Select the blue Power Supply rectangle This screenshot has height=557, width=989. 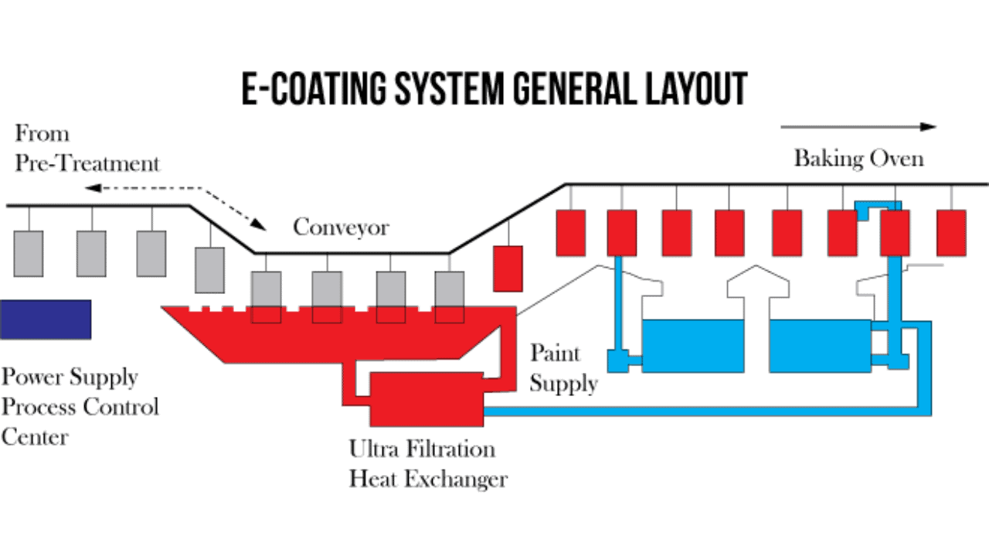tap(46, 319)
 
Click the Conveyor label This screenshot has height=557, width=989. tap(341, 227)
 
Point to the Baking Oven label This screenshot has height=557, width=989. tap(858, 159)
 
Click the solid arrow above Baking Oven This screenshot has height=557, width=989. tap(858, 127)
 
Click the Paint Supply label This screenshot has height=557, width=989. tap(563, 368)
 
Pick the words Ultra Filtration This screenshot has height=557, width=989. tap(422, 449)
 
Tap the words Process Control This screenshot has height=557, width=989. tap(80, 407)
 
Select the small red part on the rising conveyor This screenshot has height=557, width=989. tap(508, 268)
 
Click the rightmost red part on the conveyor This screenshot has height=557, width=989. tap(951, 232)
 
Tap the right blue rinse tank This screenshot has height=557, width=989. tap(820, 346)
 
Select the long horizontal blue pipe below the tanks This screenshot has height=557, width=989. tap(695, 411)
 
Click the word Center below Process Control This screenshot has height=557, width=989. tap(35, 437)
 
